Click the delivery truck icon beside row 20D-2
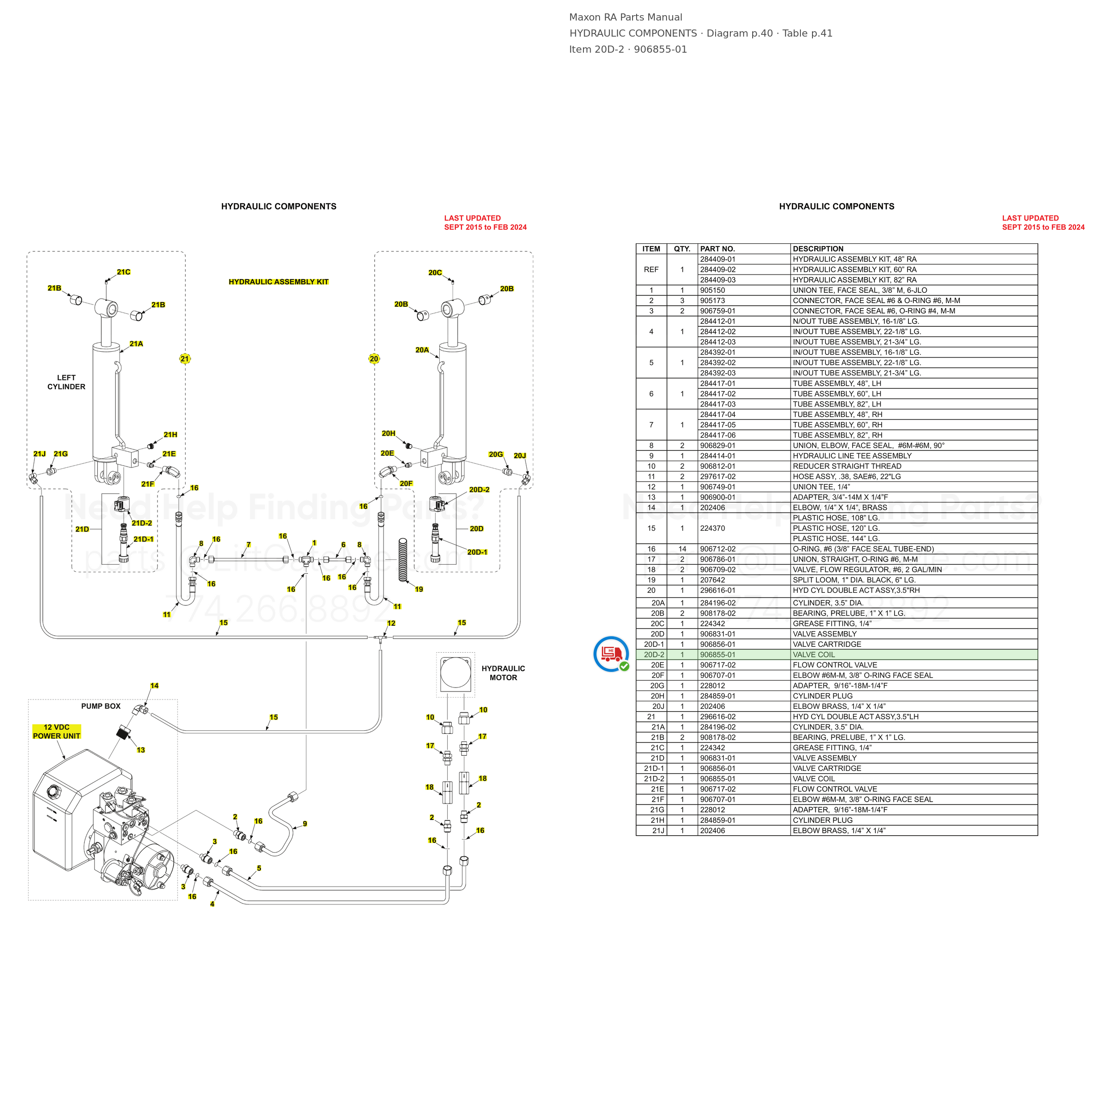point(611,654)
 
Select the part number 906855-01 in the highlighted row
point(717,654)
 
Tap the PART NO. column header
point(717,249)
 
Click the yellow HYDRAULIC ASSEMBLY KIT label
point(279,282)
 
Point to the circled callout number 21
point(184,359)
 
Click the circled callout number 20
point(374,359)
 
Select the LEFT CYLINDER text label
point(67,382)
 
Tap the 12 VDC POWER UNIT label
point(57,731)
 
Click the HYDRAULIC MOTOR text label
point(503,673)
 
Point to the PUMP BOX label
point(101,706)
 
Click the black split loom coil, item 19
point(403,559)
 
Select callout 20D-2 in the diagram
point(479,490)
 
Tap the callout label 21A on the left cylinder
point(136,344)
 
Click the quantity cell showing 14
point(682,549)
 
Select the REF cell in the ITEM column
point(651,270)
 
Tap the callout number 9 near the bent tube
point(305,824)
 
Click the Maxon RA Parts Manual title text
point(625,17)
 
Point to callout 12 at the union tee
point(391,623)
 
